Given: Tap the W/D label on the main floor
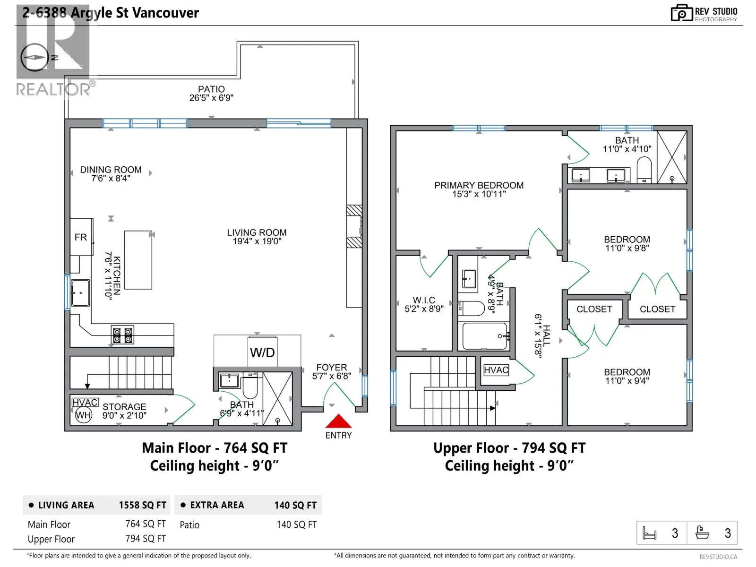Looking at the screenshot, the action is pyautogui.click(x=262, y=352).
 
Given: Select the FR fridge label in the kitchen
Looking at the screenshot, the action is pyautogui.click(x=81, y=237).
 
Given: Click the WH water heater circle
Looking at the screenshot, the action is pyautogui.click(x=83, y=415).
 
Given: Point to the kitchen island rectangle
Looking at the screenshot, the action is pyautogui.click(x=138, y=260).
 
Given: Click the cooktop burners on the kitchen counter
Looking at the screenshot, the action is pyautogui.click(x=122, y=335).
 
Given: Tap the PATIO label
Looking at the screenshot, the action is pyautogui.click(x=211, y=89).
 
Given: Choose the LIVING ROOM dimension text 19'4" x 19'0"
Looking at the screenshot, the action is pyautogui.click(x=257, y=241).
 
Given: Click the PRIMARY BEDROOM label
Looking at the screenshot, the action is pyautogui.click(x=479, y=185).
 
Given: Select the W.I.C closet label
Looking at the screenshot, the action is pyautogui.click(x=424, y=300).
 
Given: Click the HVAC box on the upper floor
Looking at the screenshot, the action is pyautogui.click(x=496, y=370).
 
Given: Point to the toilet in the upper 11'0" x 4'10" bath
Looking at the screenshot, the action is pyautogui.click(x=644, y=169).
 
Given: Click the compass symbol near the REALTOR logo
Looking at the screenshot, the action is pyautogui.click(x=34, y=58).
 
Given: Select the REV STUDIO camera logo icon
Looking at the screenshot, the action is pyautogui.click(x=681, y=13).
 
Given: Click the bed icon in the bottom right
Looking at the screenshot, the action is pyautogui.click(x=649, y=533).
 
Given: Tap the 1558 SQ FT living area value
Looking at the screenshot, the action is pyautogui.click(x=143, y=505).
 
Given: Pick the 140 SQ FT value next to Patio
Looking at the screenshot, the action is pyautogui.click(x=297, y=524).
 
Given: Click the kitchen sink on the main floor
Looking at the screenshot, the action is pyautogui.click(x=80, y=292).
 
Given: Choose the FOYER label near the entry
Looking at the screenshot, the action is pyautogui.click(x=332, y=367).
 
